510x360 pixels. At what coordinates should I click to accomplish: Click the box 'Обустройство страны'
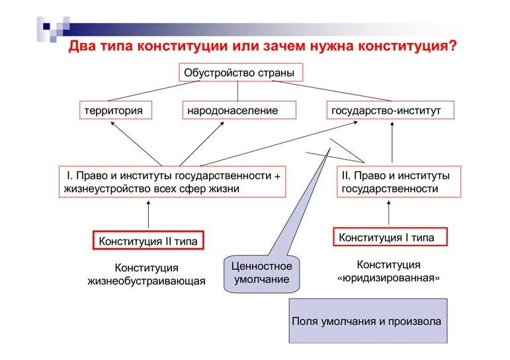click(239, 73)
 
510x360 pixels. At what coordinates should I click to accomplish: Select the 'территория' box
click(113, 110)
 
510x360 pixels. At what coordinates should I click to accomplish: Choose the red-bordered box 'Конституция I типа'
click(388, 237)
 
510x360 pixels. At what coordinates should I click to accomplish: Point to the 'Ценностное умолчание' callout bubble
click(261, 273)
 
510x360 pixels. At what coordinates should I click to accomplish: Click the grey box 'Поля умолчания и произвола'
click(367, 321)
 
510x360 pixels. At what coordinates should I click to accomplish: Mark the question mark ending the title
click(452, 47)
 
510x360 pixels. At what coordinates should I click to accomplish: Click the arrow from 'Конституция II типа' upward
click(148, 214)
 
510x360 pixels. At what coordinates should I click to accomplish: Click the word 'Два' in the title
click(81, 47)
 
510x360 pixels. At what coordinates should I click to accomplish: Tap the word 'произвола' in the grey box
click(417, 321)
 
